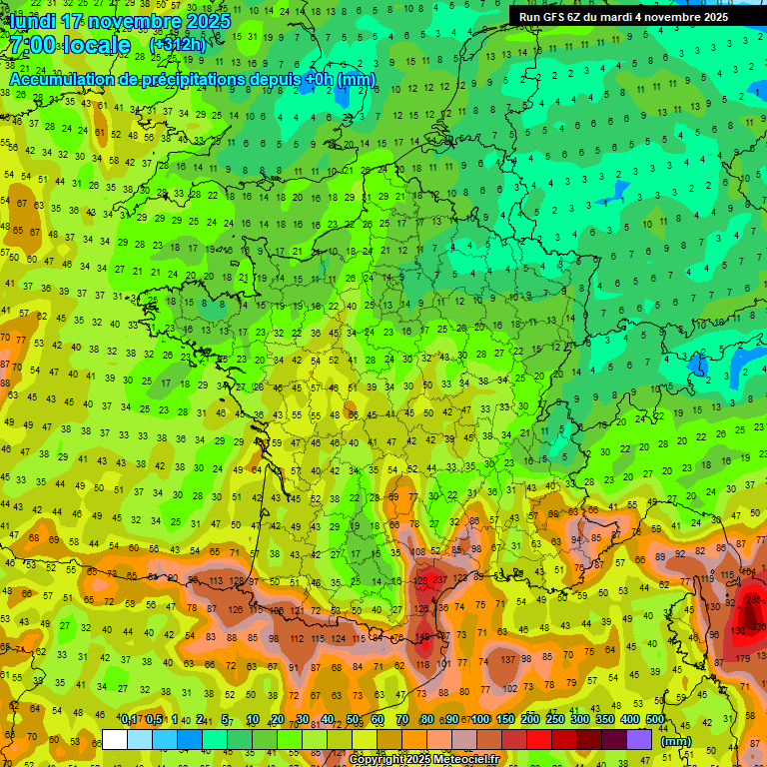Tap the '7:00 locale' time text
70,46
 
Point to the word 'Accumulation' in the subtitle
63,79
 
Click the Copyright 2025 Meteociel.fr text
423,759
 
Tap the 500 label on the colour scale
655,720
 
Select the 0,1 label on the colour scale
129,720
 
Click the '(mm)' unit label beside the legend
676,741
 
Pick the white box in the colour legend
115,739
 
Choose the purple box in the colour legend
639,739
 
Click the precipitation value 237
439,580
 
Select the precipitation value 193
756,628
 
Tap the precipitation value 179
742,658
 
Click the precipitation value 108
419,551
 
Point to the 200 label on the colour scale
529,720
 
